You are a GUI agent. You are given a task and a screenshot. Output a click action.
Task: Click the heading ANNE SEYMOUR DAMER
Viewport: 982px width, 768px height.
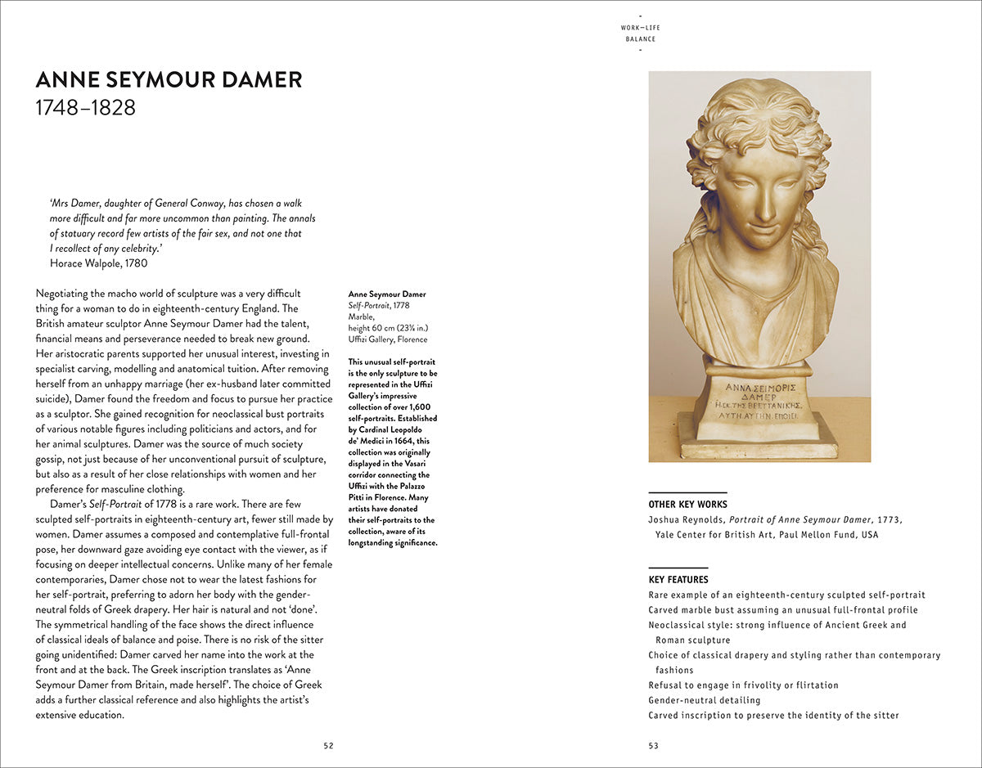[169, 80]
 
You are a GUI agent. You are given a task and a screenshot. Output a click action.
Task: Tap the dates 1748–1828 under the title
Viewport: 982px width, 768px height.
[85, 107]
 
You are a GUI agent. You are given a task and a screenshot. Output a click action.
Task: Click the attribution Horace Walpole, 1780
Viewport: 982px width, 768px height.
[98, 263]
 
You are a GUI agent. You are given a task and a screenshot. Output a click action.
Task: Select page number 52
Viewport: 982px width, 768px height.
[328, 745]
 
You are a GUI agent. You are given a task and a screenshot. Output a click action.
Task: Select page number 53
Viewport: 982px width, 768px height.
[653, 745]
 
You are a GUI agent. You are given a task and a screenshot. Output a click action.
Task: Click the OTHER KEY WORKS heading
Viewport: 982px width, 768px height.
[687, 504]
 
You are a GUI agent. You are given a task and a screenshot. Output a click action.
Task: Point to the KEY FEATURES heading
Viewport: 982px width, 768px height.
[678, 580]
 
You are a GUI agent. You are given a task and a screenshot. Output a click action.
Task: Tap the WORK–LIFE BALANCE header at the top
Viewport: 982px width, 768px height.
[640, 34]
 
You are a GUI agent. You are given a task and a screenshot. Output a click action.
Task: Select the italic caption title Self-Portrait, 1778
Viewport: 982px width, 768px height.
[379, 304]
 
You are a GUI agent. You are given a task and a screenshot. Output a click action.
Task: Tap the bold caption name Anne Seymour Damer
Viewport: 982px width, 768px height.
[387, 294]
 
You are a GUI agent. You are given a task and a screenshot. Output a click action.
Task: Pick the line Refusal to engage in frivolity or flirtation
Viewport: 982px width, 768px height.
[743, 685]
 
